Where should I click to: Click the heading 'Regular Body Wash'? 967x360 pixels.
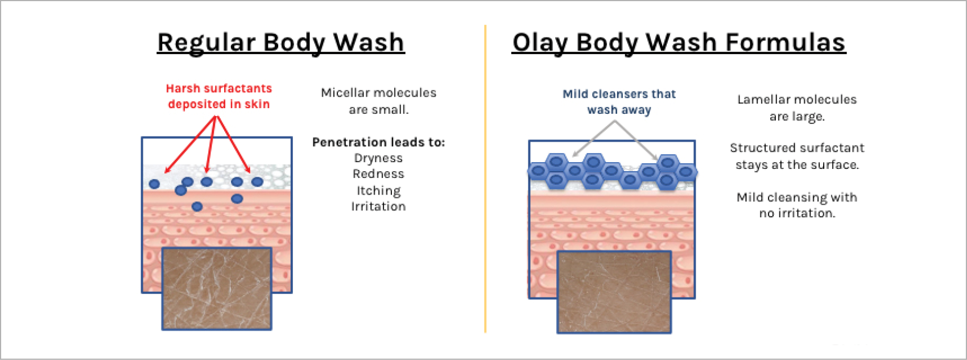click(280, 43)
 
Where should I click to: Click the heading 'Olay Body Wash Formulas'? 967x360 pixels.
click(679, 43)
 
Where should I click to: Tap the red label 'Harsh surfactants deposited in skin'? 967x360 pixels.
click(219, 96)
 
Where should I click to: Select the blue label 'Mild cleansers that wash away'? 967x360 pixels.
click(619, 102)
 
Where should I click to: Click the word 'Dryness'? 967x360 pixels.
click(378, 158)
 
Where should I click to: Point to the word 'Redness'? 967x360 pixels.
click(378, 173)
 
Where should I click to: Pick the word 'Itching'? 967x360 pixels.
click(378, 191)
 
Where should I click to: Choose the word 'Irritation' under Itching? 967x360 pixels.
click(378, 206)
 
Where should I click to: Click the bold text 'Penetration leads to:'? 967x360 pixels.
click(378, 142)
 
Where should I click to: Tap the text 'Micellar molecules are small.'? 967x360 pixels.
click(379, 101)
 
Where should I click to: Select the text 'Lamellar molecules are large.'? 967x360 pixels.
click(797, 108)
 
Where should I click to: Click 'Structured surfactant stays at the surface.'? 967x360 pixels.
click(797, 156)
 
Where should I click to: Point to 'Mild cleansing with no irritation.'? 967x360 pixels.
click(797, 205)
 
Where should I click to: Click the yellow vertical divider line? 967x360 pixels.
click(485, 179)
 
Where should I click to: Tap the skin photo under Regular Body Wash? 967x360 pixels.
click(217, 289)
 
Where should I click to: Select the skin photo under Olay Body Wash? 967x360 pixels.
click(614, 292)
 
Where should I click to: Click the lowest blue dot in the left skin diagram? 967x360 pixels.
click(197, 206)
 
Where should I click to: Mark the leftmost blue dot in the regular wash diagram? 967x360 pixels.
click(154, 184)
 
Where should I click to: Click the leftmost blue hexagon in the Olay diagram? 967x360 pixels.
click(538, 171)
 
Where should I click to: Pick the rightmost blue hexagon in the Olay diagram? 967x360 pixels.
click(685, 172)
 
